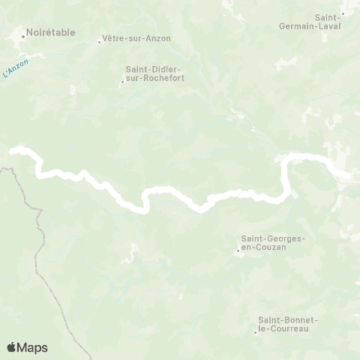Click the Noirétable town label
49,34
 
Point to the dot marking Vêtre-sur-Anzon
99,42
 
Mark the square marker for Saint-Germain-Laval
343,13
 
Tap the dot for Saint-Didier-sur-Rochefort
122,82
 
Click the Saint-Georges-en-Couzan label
272,243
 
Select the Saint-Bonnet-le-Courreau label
288,323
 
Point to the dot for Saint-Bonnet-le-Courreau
256,331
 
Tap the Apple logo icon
11,347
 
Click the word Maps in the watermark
33,347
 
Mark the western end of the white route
12,151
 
